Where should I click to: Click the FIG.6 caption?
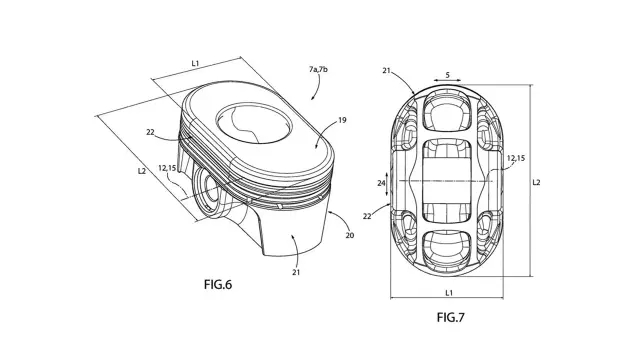(218, 284)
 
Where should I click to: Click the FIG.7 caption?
(451, 317)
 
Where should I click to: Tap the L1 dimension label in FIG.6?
(196, 63)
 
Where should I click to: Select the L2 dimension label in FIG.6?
(142, 171)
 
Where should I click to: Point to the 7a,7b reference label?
(318, 69)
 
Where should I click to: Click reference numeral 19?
(342, 120)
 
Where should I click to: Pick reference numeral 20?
(350, 235)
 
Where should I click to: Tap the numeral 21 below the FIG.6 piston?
(296, 272)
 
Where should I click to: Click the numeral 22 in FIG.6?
(150, 132)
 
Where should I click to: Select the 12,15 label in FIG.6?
(167, 168)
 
